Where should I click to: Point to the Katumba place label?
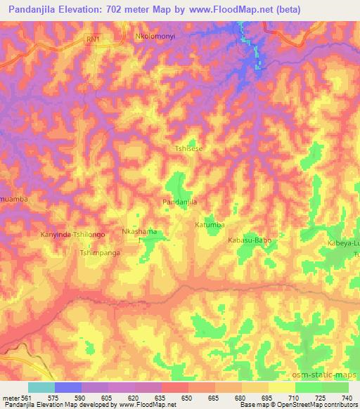(x=210, y=225)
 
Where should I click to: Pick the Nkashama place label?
(x=139, y=231)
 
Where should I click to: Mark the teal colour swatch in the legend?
(x=41, y=387)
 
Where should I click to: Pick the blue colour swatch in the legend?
(x=68, y=387)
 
